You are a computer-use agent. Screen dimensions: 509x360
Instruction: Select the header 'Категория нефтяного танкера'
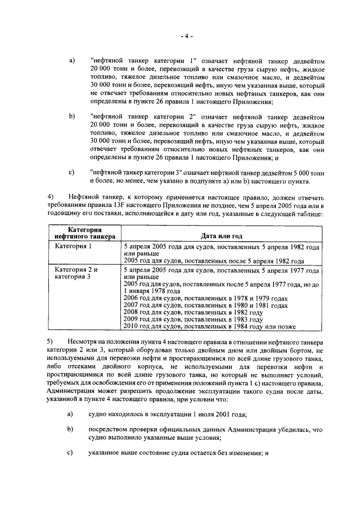[84, 233]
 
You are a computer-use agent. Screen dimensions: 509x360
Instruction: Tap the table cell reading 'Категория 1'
[73, 247]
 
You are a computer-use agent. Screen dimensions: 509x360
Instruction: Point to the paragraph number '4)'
[50, 197]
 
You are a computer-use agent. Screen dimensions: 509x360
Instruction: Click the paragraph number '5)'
[50, 343]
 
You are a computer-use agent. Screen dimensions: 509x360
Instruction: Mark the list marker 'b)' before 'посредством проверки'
[71, 430]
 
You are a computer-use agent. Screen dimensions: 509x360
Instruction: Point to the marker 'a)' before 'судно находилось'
[71, 415]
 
